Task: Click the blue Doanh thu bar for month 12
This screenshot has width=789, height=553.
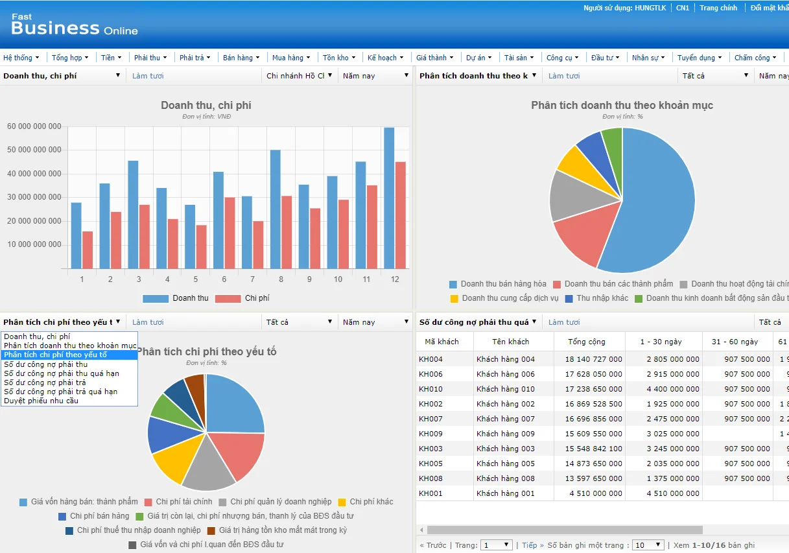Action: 389,198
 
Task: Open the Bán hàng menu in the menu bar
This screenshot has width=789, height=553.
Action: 241,58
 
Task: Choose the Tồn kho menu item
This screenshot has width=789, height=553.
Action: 338,58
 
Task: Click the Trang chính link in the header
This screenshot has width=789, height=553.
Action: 718,8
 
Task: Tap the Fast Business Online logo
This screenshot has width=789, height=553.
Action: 74,26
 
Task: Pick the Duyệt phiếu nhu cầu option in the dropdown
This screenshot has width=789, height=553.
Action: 41,401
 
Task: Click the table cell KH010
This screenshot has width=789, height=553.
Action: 431,389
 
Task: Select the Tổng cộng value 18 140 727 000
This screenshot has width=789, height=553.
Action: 593,359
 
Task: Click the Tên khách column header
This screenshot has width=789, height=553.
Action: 510,342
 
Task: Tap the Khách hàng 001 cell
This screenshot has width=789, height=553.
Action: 506,493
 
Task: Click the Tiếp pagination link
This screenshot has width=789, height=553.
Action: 529,545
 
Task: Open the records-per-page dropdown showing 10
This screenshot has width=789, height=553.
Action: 648,545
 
